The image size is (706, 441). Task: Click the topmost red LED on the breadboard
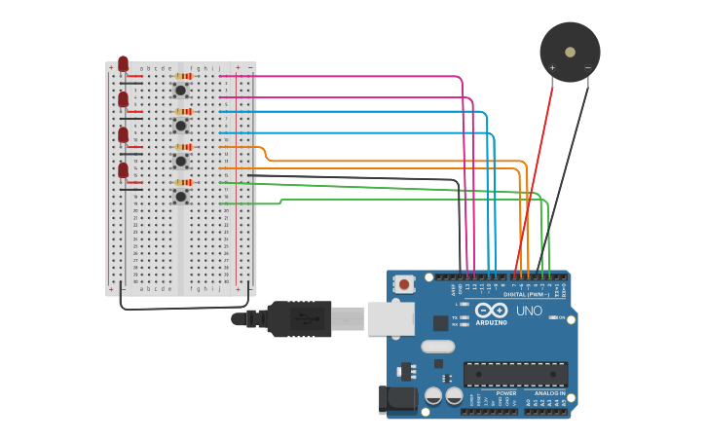pos(123,64)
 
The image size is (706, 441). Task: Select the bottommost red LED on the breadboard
pos(123,170)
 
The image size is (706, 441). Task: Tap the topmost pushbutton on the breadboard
pos(180,91)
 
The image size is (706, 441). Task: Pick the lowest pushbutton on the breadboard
pos(180,196)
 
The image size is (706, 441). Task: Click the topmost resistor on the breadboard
pos(183,76)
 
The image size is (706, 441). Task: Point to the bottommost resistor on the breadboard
pos(183,182)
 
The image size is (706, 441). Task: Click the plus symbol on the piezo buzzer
pos(552,68)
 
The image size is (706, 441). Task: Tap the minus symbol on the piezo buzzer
pos(587,67)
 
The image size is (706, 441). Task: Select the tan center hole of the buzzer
pos(570,52)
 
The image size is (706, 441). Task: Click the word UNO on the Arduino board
pos(529,311)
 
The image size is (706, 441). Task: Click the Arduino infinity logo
pos(492,310)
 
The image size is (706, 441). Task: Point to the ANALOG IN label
pos(548,393)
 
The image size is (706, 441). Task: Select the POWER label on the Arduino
pos(479,393)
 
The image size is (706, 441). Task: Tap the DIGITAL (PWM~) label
pos(526,294)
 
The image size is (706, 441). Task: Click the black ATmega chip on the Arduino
pos(515,374)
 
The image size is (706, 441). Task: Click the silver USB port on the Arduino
pos(390,318)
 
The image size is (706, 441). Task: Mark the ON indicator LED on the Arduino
pos(553,317)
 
